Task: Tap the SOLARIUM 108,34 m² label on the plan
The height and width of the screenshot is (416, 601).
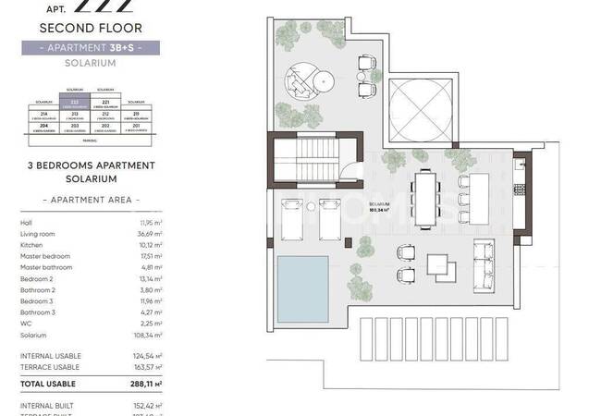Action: pos(379,206)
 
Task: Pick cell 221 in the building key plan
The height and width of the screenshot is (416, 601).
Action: pos(105,104)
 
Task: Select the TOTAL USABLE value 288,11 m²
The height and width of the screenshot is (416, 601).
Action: pos(146,383)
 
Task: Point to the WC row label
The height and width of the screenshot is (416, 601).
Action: pos(25,324)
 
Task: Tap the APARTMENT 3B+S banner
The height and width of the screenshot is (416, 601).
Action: pos(90,47)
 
